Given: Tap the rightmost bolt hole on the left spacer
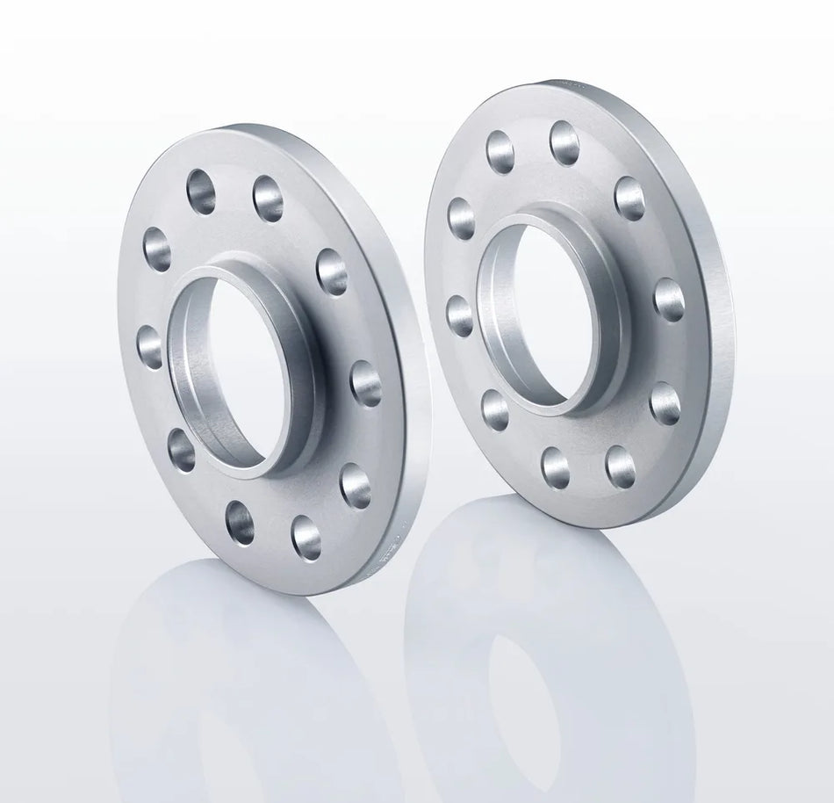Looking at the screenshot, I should click(x=366, y=384).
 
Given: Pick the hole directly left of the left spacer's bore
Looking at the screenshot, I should click(x=150, y=346).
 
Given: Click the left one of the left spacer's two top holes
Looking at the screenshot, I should click(x=201, y=192).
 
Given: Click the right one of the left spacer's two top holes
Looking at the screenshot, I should click(x=268, y=199).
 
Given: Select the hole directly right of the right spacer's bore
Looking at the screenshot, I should click(x=669, y=299).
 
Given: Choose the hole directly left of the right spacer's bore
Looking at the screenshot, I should click(x=460, y=315).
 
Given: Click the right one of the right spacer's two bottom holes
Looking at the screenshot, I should click(x=621, y=467).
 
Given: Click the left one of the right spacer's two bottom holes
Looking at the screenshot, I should click(x=555, y=467).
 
